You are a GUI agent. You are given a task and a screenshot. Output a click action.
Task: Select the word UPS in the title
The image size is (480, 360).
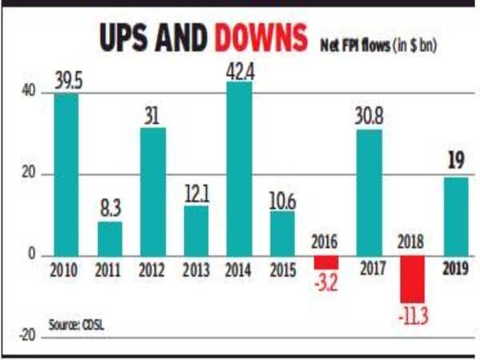point(125,38)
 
